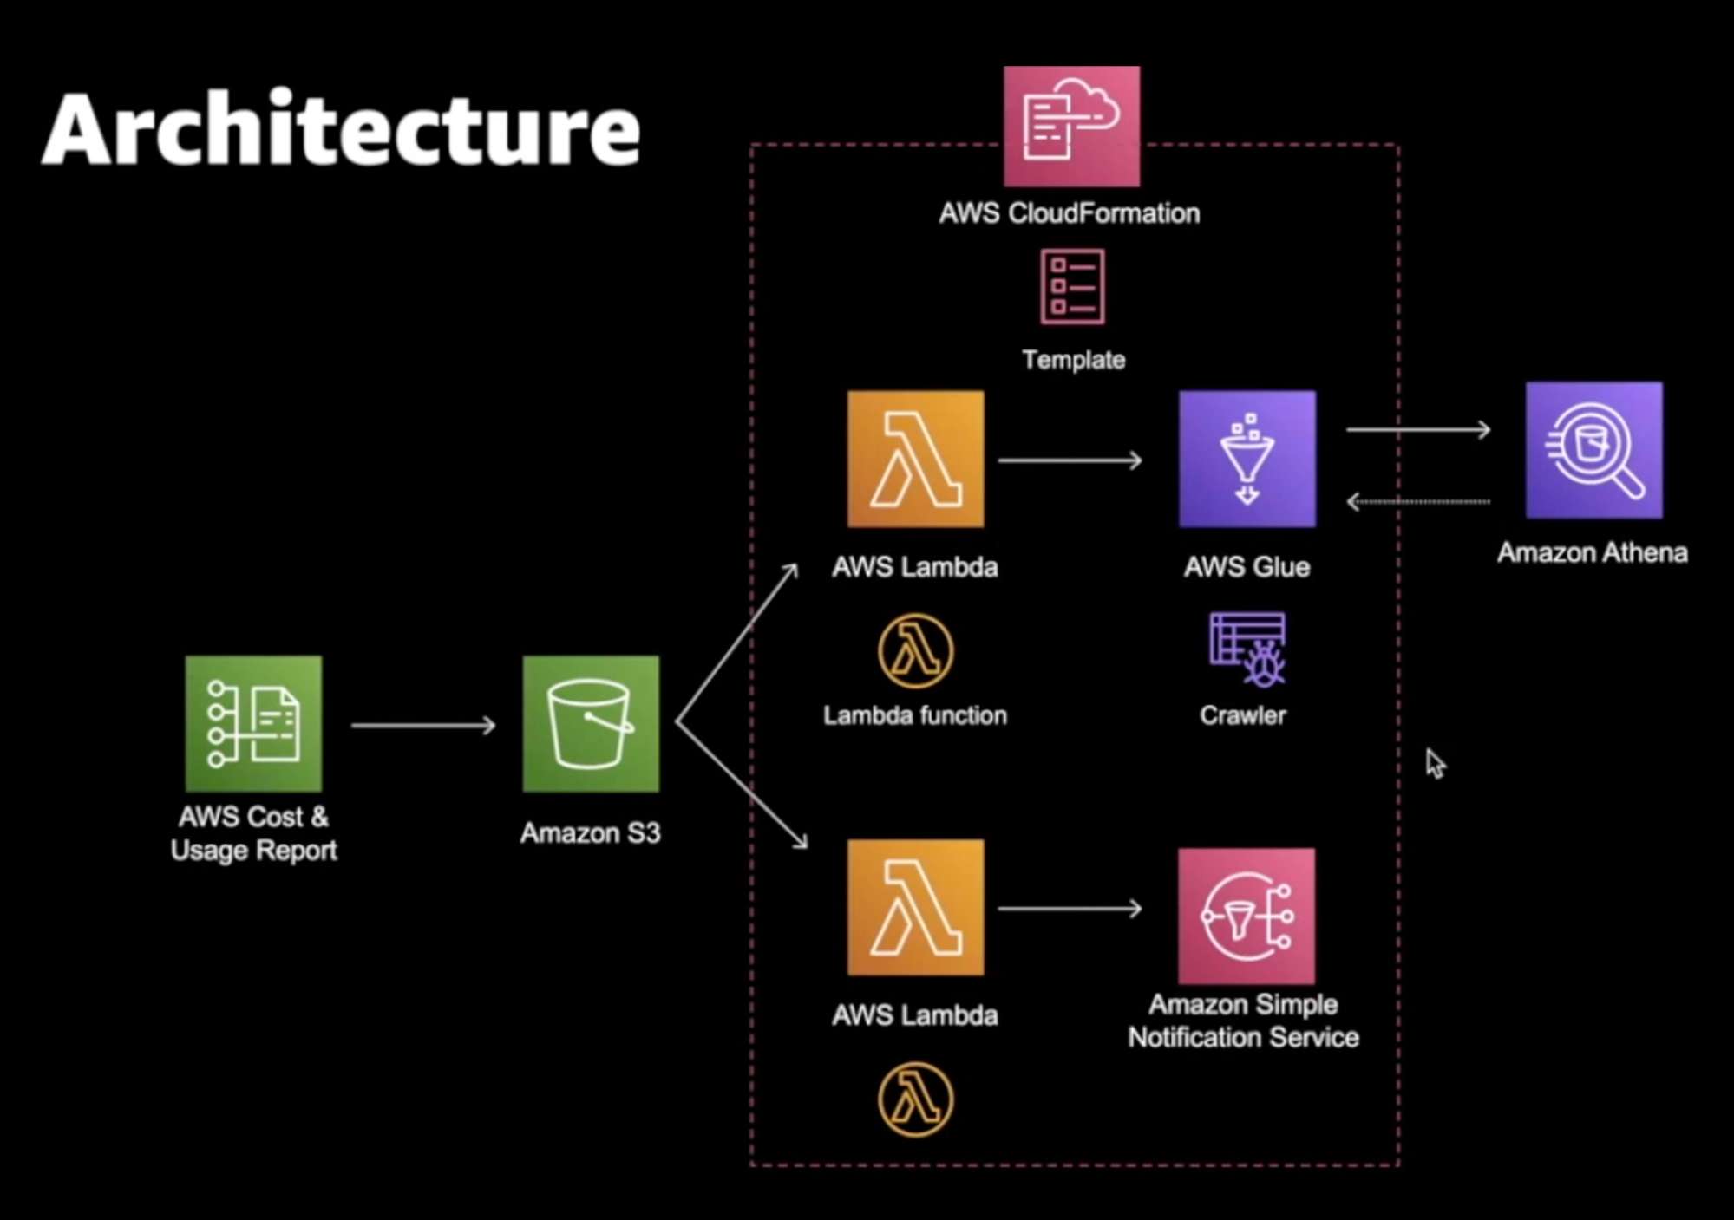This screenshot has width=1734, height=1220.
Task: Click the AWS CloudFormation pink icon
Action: (x=1071, y=127)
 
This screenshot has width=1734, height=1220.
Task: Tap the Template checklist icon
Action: (x=1072, y=287)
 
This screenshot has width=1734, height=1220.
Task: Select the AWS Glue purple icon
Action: (x=1247, y=459)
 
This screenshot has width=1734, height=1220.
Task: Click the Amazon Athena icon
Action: (x=1593, y=450)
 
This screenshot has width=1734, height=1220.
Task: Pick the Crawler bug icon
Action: (x=1248, y=650)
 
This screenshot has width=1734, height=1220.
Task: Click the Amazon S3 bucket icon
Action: (x=591, y=724)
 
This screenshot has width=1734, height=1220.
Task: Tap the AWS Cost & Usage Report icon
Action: (x=253, y=724)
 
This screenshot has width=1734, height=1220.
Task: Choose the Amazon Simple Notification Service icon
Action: (x=1246, y=916)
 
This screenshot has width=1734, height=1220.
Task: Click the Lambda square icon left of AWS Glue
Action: (x=915, y=459)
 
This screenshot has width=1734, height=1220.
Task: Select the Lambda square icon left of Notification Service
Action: (x=915, y=907)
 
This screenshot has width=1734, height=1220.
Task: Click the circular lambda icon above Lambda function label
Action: (x=915, y=650)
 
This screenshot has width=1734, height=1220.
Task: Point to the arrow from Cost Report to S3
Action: (x=423, y=725)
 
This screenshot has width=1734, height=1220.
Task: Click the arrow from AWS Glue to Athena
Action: (x=1417, y=429)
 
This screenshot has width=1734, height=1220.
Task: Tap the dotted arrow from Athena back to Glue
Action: (x=1417, y=501)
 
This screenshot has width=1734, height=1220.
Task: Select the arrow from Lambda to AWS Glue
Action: (x=1070, y=460)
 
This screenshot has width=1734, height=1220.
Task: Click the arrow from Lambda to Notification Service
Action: (x=1070, y=909)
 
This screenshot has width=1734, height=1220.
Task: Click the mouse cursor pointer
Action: (x=1435, y=764)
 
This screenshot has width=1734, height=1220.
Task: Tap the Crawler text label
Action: (x=1242, y=715)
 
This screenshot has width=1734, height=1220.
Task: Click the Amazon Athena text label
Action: (x=1592, y=552)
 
